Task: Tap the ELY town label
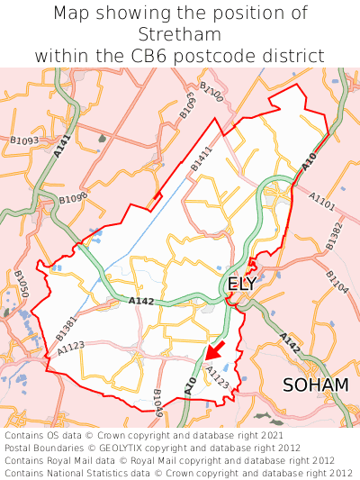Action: pos(242,284)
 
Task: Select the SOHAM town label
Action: pos(315,385)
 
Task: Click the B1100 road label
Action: pos(211,91)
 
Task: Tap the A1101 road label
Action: pos(321,201)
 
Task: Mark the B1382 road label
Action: pos(335,234)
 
